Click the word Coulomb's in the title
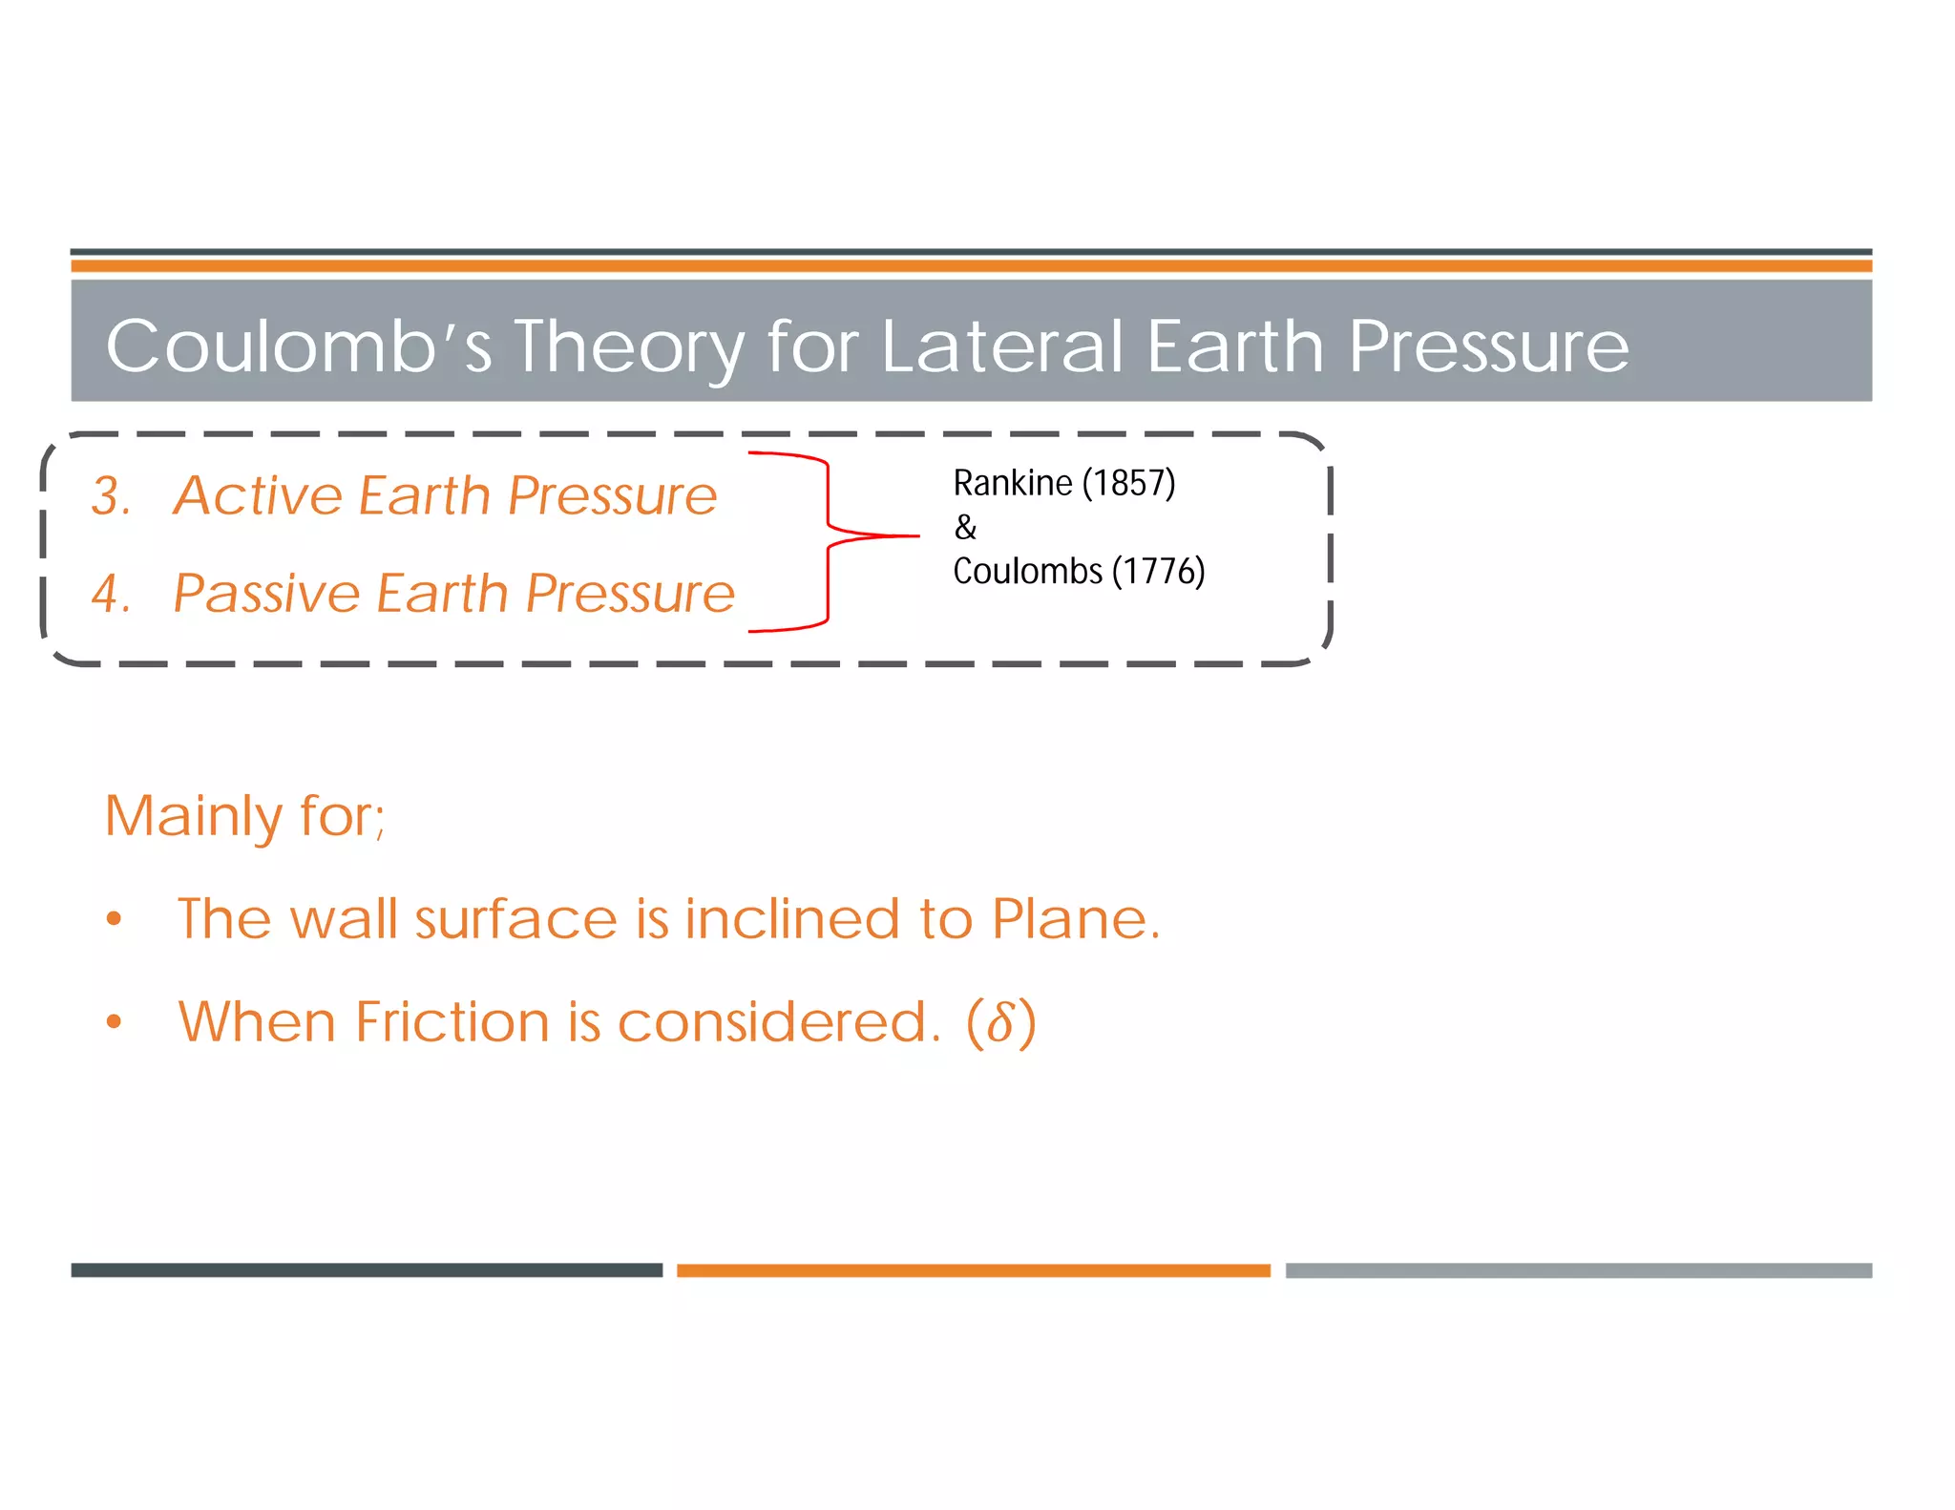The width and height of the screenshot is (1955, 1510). point(299,346)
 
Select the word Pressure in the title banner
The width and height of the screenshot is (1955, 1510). point(1488,346)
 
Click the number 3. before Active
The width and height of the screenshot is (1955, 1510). point(111,496)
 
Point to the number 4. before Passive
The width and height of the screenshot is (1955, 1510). point(111,594)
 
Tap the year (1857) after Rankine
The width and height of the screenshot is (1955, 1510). point(1128,484)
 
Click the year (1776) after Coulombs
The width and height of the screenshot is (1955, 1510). point(1158,572)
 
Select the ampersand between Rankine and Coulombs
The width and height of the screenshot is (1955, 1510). point(965,528)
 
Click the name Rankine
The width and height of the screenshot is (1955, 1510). point(1012,484)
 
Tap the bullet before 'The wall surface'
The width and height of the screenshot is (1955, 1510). point(115,919)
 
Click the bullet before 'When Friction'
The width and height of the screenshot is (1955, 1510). point(115,1022)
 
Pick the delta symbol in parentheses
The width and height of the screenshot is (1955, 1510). point(1000,1023)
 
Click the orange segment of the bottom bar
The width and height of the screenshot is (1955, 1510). point(973,1270)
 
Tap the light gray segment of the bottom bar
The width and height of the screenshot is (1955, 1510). point(1578,1270)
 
